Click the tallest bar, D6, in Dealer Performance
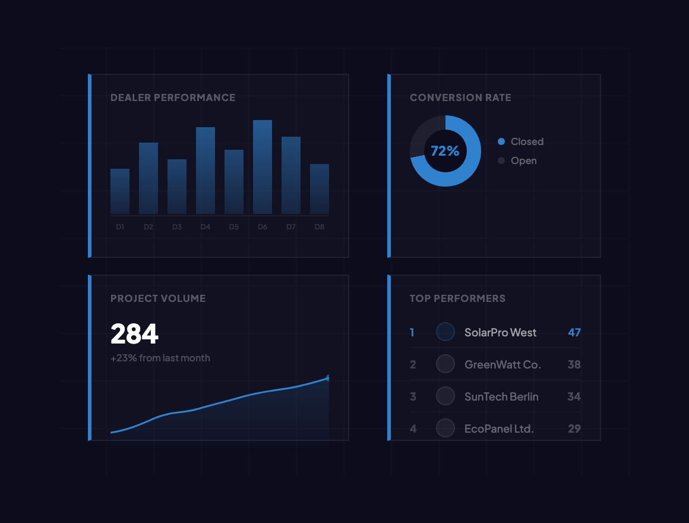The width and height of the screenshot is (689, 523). (263, 167)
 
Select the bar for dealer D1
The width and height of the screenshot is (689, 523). (120, 191)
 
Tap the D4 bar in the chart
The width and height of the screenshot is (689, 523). (206, 171)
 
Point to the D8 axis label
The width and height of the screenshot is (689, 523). (320, 227)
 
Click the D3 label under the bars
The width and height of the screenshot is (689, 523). (177, 227)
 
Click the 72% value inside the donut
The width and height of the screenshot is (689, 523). (445, 151)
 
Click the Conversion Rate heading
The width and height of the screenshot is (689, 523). (460, 97)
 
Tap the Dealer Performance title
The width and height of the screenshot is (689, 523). (173, 97)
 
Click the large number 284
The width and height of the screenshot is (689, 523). (135, 334)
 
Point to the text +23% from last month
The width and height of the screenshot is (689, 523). (160, 358)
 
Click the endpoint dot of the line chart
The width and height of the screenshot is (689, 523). (328, 378)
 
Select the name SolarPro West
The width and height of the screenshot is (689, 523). (500, 332)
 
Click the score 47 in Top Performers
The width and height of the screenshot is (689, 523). (574, 332)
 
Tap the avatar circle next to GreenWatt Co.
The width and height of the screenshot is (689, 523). (445, 364)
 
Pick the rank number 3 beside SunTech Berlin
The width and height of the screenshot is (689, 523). (413, 396)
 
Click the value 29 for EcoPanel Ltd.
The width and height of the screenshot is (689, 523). (574, 429)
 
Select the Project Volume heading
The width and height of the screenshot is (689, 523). (158, 298)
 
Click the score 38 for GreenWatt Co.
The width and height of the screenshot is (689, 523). (574, 364)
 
